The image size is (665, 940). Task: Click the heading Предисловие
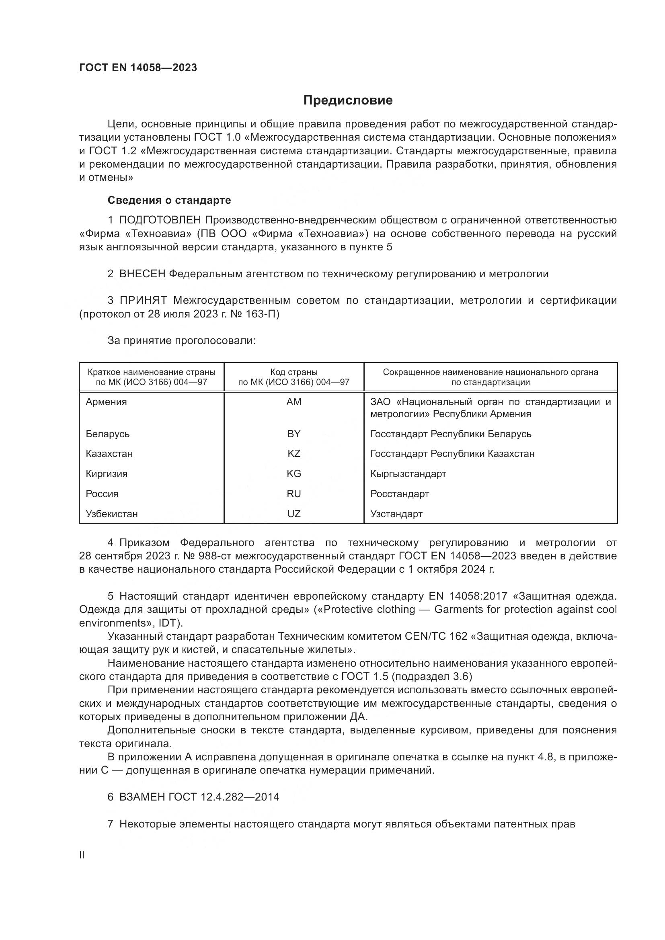point(348,100)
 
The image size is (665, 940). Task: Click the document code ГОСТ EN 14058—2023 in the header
point(138,68)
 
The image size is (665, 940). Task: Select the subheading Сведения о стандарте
point(169,200)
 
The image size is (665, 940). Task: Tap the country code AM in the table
point(294,401)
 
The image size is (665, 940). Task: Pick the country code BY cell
point(294,434)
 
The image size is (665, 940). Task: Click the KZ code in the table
point(294,454)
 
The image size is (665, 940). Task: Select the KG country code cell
point(294,474)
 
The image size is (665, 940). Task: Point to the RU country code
point(294,494)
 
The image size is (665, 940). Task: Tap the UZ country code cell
point(294,514)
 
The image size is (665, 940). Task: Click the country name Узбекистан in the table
point(112,514)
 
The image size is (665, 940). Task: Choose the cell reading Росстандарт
point(399,494)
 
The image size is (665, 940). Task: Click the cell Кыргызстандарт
point(408,474)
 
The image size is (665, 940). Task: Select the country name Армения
point(107,401)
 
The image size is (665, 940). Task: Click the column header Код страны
point(294,372)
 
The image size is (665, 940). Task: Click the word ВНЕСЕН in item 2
point(142,274)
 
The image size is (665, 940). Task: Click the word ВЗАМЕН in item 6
point(143,797)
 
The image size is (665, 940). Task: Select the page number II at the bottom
point(82,855)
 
